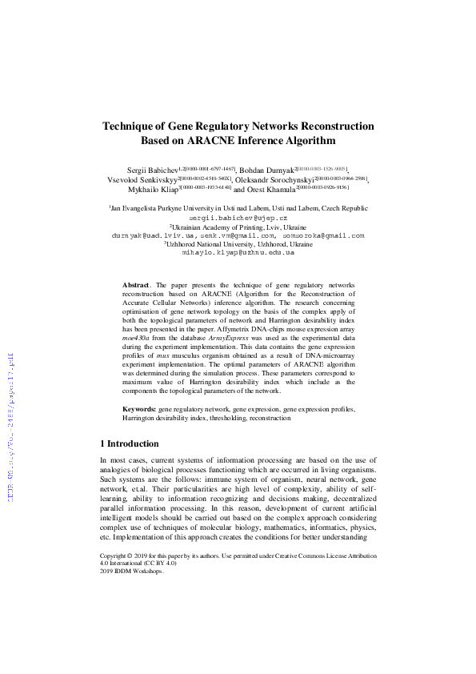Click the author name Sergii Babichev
tap(152, 171)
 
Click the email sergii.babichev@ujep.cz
tap(238, 218)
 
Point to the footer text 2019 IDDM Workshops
tap(131, 571)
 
